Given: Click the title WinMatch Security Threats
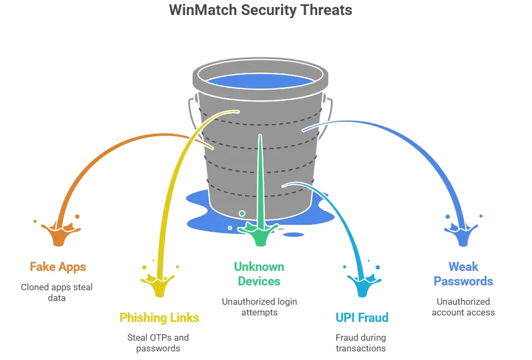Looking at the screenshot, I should pyautogui.click(x=261, y=10).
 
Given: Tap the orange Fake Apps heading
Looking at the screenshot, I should pyautogui.click(x=57, y=267).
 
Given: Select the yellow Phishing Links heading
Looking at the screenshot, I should pyautogui.click(x=159, y=318).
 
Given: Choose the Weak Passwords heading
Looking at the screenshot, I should pyautogui.click(x=463, y=274).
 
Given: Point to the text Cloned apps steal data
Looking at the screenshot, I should pyautogui.click(x=57, y=292).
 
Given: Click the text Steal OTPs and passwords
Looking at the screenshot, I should pyautogui.click(x=158, y=343).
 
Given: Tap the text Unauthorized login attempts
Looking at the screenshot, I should pyautogui.click(x=260, y=307).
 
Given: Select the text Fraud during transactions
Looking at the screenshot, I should pyautogui.click(x=360, y=343).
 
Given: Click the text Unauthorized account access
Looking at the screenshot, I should pyautogui.click(x=463, y=307).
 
